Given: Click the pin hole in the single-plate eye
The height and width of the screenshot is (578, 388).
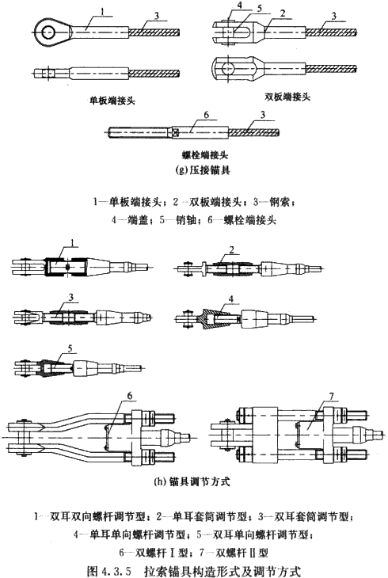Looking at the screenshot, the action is coord(48,32).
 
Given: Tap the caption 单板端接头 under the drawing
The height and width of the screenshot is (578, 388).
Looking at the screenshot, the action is coord(112,101).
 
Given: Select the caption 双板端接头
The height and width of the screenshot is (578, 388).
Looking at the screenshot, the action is coord(287,97).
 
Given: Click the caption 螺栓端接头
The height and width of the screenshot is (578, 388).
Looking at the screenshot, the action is coord(205,155).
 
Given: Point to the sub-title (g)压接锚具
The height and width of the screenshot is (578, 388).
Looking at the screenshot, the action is coord(205,170).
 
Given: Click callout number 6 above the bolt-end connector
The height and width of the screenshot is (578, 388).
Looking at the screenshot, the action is coord(206,115).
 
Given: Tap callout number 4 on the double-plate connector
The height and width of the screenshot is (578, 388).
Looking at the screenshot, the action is coord(230,6).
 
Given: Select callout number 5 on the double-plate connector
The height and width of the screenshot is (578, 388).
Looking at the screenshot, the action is coord(260,9).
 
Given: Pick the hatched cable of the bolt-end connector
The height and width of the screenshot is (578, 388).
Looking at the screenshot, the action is coord(253,132).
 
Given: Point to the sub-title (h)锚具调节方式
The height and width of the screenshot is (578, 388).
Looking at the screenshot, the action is coord(192,481).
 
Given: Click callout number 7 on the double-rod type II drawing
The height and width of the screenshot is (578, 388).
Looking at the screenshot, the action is coord(331,397).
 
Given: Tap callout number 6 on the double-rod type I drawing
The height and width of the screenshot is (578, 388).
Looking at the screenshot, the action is coord(129,396).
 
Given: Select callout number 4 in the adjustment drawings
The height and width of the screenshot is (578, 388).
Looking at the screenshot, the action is coord(231,299).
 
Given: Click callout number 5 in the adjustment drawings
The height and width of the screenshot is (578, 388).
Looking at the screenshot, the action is coord(70,348).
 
